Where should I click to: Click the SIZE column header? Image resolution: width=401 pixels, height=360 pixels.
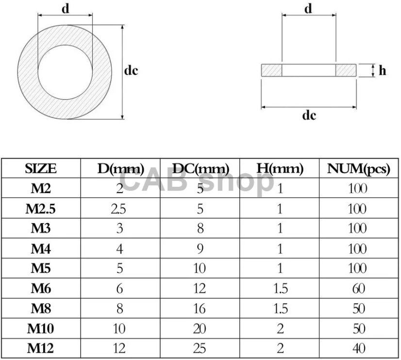click(41, 169)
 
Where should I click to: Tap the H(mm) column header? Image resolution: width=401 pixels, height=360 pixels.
click(280, 169)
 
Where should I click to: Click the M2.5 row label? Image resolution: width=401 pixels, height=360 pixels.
click(40, 209)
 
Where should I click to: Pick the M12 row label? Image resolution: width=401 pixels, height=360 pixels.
click(40, 348)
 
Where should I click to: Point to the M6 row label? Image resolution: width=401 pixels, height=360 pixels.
click(41, 289)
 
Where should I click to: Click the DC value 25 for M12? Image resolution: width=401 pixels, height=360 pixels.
click(200, 348)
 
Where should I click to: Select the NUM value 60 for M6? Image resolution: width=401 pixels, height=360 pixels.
click(359, 289)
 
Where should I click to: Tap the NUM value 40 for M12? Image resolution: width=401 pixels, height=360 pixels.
click(359, 348)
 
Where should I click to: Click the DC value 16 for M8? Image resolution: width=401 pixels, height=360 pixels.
click(200, 309)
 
